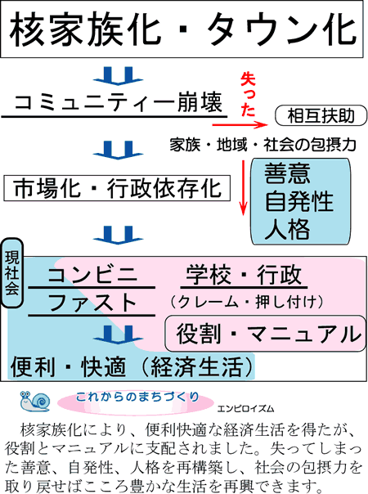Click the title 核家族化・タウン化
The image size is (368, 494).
[x=182, y=29]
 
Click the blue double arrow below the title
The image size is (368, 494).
[x=118, y=75]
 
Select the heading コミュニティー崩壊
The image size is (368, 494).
[x=119, y=103]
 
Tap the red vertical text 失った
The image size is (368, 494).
[x=248, y=95]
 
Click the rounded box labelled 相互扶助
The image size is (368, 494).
[x=321, y=115]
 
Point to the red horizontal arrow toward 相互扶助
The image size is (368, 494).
[x=240, y=125]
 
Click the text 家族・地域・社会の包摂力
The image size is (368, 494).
[x=263, y=145]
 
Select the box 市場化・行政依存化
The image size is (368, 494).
[x=117, y=188]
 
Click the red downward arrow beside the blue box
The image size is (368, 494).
[x=243, y=188]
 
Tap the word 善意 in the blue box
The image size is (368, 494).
[x=287, y=173]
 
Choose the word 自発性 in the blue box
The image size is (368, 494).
[x=298, y=201]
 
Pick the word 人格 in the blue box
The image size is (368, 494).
[x=287, y=229]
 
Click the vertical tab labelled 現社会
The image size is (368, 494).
[x=12, y=273]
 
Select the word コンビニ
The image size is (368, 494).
[x=92, y=275]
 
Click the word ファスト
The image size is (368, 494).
[x=92, y=302]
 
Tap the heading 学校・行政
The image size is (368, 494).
[x=244, y=275]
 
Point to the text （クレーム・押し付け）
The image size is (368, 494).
[x=247, y=302]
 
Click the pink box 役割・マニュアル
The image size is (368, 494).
[x=265, y=334]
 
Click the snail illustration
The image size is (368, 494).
[x=34, y=401]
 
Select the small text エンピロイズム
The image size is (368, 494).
[x=246, y=409]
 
